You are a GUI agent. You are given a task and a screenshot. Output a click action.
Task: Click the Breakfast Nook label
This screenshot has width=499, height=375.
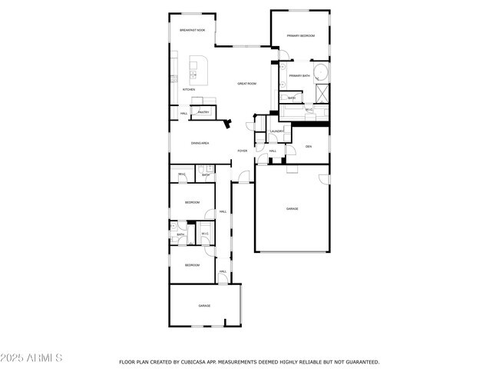(192, 30)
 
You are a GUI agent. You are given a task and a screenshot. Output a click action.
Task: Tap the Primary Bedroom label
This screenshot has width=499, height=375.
(301, 36)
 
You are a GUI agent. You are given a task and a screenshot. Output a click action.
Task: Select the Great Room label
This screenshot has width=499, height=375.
(246, 83)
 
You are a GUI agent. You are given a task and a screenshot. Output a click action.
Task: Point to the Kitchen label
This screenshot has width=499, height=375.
(188, 90)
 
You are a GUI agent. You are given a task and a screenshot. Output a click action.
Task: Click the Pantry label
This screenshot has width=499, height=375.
(203, 112)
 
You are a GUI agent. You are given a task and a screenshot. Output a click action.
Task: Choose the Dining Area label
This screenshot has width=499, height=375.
(200, 143)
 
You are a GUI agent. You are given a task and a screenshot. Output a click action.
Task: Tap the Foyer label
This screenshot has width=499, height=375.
(243, 151)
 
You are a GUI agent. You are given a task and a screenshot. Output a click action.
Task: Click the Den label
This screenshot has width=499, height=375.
(309, 146)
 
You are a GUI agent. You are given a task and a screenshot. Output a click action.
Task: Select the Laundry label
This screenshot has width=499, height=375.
(277, 131)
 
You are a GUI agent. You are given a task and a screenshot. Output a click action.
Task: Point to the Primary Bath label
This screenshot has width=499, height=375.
(299, 75)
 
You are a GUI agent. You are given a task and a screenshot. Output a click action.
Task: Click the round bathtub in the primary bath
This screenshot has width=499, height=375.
(322, 75)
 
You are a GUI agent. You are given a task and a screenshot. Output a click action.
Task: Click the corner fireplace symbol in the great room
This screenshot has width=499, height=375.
(227, 121)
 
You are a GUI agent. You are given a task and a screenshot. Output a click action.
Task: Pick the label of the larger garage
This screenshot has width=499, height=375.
(292, 208)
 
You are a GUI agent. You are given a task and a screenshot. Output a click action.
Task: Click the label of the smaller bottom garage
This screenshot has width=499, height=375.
(204, 306)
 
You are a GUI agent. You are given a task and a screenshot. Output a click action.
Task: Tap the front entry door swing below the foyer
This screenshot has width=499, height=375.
(243, 178)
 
